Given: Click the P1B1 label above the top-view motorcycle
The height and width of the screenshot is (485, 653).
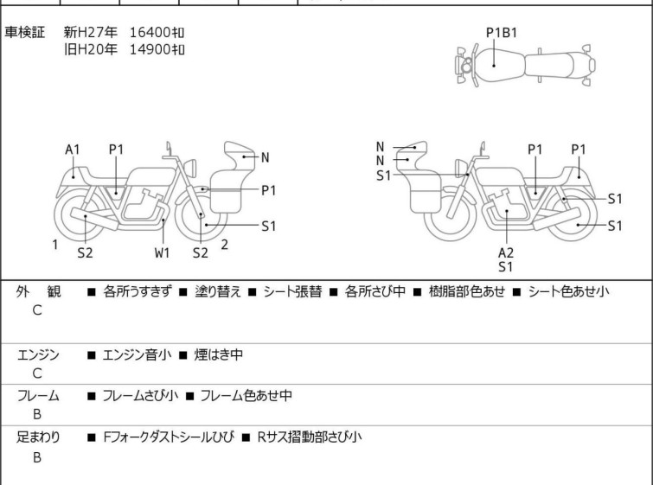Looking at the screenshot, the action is coord(502,33).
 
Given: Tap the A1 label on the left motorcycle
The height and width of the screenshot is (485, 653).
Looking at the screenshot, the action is coord(73,150).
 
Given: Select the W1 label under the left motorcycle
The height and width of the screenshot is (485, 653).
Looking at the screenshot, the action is coord(162,252).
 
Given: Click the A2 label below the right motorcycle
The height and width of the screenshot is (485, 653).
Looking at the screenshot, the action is coord(506,252).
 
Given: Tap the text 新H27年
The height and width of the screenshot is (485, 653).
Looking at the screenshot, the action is coord(90,32).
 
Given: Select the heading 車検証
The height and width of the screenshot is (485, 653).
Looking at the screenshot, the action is coord(24,32).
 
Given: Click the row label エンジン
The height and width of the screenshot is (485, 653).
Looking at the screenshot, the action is coord(38,355).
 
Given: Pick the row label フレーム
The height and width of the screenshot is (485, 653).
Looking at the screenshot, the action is coord(38,396).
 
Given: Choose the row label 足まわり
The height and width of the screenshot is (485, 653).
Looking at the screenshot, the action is coord(38,437).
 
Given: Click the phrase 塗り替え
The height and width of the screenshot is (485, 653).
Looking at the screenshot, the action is coord(218,291).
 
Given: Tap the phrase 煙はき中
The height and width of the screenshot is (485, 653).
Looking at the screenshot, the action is coord(219,354).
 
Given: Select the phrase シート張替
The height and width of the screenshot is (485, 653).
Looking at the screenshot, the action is coord(292,291).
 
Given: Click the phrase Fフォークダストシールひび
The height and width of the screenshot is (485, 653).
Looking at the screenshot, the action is coord(169,437).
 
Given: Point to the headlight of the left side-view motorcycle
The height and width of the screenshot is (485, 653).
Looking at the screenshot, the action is coord(190,168).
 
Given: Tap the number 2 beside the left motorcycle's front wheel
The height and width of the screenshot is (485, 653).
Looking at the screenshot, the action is coord(225,245).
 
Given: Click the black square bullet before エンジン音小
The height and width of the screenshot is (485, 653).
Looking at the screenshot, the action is coord(92,355).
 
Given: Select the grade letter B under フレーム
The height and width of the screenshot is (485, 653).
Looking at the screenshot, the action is coord(37,415).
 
